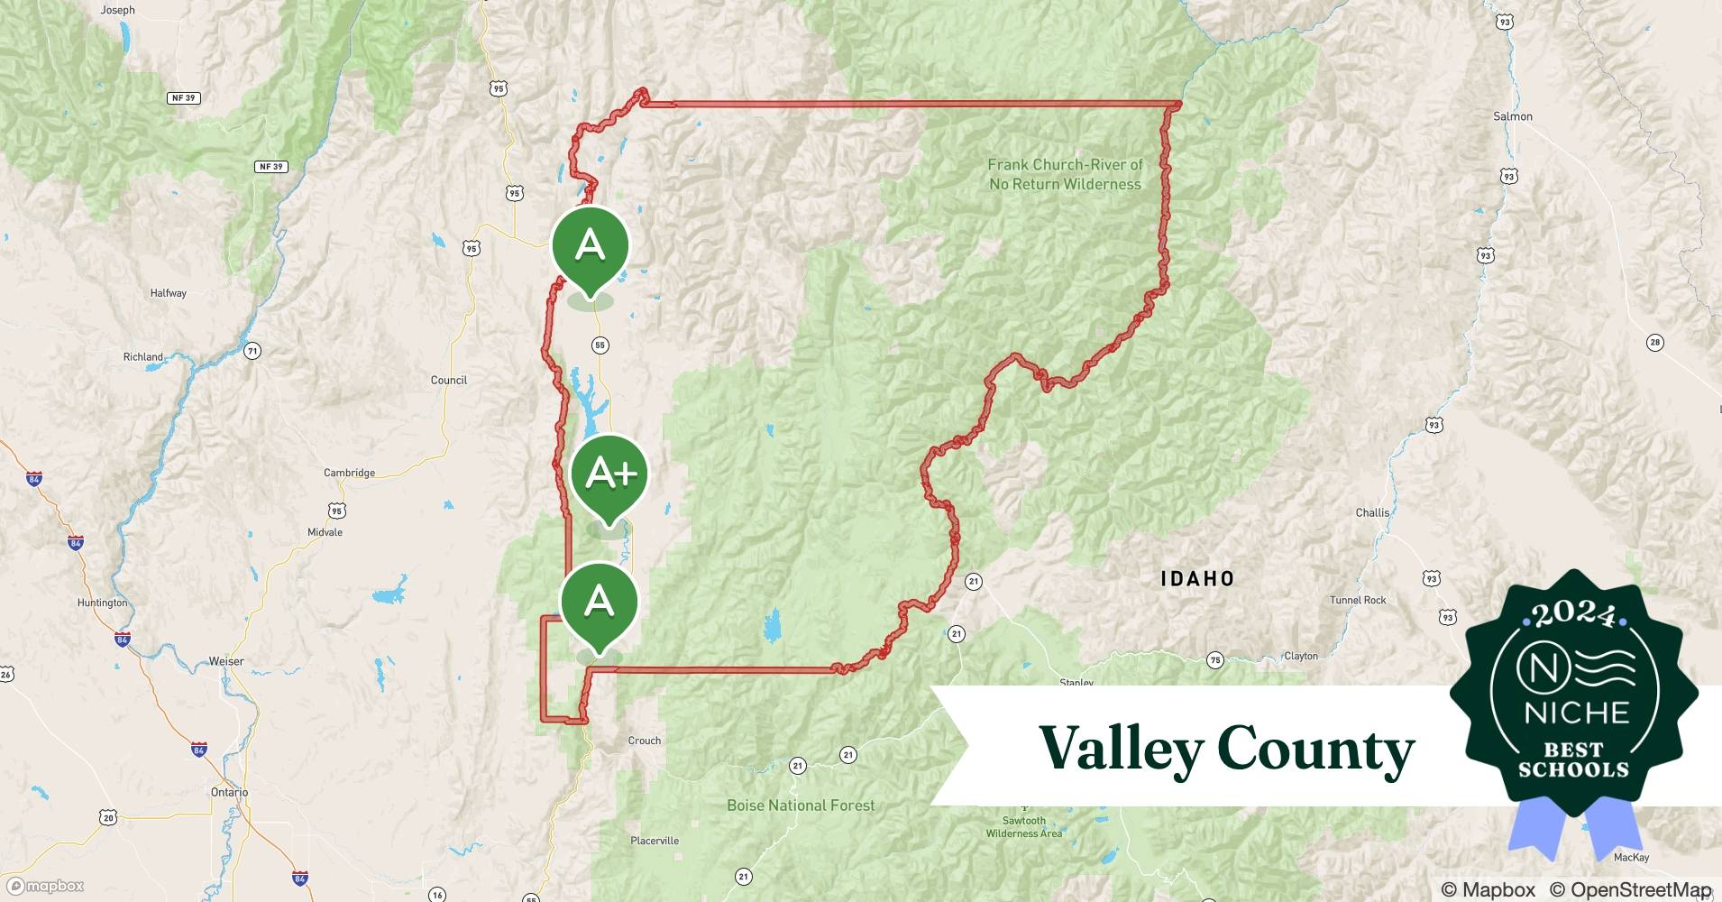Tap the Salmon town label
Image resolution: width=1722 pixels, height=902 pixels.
click(1512, 116)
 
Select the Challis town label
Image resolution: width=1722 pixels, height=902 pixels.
click(1372, 512)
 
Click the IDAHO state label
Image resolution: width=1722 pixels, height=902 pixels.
click(1197, 578)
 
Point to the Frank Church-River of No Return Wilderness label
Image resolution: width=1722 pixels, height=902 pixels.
click(1065, 174)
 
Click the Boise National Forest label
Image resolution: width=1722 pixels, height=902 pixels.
click(801, 805)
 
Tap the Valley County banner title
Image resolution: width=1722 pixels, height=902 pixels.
click(1226, 749)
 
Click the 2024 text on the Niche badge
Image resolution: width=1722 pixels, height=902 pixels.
click(1573, 615)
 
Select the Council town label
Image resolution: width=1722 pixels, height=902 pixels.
click(449, 380)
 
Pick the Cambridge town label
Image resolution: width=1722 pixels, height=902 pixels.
click(349, 473)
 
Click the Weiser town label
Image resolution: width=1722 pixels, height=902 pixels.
click(226, 661)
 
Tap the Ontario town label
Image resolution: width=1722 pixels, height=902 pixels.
click(229, 792)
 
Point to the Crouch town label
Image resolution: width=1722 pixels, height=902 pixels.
click(644, 741)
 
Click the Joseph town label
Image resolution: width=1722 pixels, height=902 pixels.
click(118, 10)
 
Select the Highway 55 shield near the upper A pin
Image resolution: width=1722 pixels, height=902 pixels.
click(600, 345)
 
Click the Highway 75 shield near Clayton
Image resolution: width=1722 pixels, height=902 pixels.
click(1215, 660)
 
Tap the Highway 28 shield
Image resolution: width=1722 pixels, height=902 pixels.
click(1654, 342)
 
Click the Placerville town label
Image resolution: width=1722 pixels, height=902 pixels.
click(655, 841)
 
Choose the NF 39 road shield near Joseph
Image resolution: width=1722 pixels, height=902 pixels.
click(183, 97)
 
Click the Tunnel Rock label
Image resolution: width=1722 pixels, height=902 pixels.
click(1358, 600)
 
